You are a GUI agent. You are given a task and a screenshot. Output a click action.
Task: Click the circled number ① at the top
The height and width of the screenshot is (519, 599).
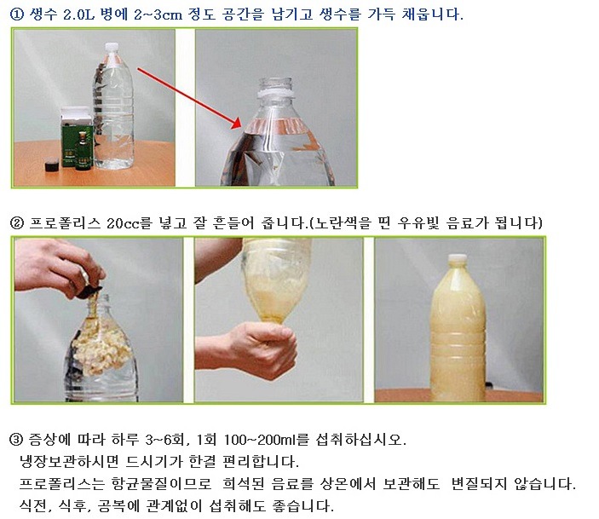click(17, 14)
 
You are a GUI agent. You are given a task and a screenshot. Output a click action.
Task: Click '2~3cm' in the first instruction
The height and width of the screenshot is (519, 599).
click(158, 14)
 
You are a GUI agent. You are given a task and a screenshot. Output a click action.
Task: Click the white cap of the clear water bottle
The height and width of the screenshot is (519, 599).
click(111, 47)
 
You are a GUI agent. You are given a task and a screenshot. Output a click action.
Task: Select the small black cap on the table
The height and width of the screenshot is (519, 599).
click(52, 165)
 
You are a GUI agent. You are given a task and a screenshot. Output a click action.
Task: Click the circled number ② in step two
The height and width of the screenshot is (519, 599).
click(17, 222)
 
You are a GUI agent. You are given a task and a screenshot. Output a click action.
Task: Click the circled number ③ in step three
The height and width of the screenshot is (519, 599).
click(16, 440)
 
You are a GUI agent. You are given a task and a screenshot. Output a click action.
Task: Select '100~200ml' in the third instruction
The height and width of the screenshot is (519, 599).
click(261, 440)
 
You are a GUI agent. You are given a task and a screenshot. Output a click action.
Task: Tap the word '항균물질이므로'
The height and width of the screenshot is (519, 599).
click(161, 484)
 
